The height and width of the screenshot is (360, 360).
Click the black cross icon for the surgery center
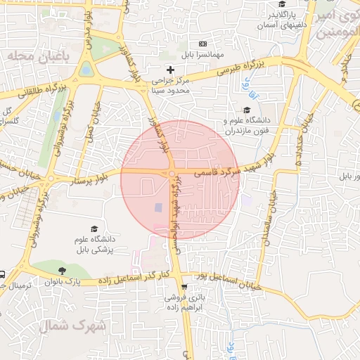170,69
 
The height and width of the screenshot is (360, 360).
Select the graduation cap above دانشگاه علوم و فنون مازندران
246,110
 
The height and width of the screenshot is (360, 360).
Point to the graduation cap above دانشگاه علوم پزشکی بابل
94,229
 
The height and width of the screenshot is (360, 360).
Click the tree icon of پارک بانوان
63,270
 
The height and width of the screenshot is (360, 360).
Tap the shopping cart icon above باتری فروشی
184,287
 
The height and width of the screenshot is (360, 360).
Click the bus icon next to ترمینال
3,275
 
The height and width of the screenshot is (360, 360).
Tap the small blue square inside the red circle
157,207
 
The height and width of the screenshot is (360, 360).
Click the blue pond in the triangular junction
86,70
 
